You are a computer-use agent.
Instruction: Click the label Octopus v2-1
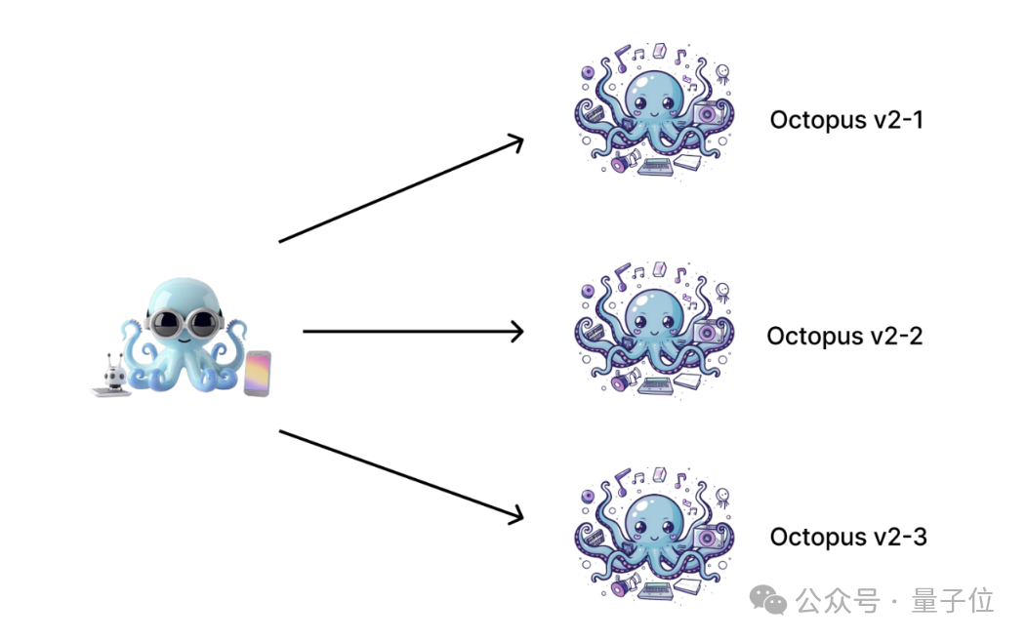[845, 120]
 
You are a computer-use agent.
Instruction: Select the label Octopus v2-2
[844, 336]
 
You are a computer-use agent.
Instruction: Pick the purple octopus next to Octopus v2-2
[652, 328]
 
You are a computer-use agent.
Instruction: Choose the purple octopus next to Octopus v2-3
[652, 531]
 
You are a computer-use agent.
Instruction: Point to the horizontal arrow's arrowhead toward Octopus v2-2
[517, 332]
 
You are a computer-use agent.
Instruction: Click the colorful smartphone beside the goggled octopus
[257, 374]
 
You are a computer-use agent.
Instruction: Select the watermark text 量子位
[952, 601]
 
